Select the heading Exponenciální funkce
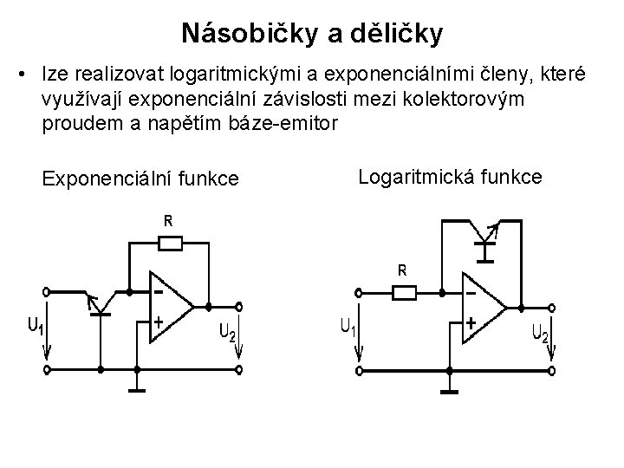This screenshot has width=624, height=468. point(141,179)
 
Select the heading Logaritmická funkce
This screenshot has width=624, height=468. point(450,177)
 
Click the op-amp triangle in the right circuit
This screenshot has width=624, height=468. point(482,307)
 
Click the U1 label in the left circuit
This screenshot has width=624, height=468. point(34,327)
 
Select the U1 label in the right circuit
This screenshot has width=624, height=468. point(348,328)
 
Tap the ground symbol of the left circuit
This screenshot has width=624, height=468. point(137,386)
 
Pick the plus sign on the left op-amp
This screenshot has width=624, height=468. point(159,321)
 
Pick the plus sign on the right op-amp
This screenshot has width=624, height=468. point(471,322)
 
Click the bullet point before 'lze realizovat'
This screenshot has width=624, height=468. point(19,70)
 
